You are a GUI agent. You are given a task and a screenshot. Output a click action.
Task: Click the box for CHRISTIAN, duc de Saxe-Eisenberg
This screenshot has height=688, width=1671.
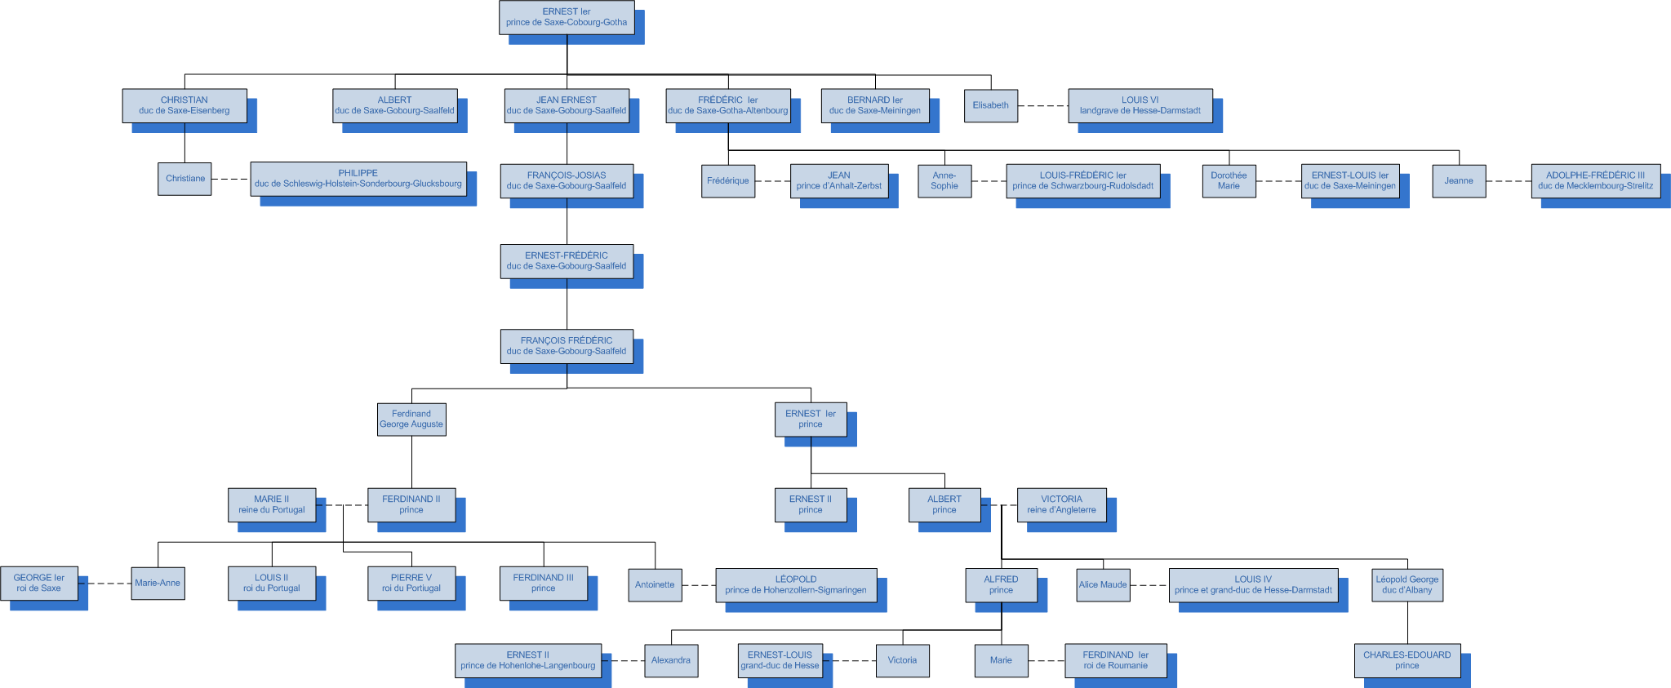(184, 105)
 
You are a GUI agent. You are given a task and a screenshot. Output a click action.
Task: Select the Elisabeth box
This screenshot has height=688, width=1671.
(990, 105)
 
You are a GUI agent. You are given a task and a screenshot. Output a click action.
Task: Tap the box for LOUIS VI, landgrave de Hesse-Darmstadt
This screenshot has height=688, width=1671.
(1140, 105)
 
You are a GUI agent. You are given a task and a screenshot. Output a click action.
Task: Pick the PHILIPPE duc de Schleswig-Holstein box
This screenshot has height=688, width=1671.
(358, 178)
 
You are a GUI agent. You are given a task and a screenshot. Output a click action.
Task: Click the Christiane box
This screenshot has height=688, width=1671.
(184, 179)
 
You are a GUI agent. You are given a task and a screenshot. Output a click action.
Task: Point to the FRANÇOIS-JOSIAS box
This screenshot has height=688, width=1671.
(567, 180)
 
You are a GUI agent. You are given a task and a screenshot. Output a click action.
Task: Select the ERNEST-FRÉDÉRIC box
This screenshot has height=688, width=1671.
(567, 260)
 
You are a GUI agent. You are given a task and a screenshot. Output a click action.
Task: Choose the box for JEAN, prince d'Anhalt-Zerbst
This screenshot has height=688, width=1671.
(839, 180)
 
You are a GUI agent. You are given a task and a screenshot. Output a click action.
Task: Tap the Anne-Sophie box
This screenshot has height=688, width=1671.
(944, 180)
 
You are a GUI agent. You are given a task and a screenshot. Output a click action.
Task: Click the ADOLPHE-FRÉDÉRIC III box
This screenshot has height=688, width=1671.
(1595, 180)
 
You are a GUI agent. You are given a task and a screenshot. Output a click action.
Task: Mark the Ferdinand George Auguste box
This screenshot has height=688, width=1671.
(411, 419)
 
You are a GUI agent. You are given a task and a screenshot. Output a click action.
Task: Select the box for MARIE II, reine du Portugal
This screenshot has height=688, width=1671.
(271, 504)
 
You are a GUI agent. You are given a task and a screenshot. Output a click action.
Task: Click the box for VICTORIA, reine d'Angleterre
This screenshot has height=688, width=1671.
(1061, 504)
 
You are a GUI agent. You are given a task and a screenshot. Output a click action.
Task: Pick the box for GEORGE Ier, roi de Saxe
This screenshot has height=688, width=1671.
(39, 583)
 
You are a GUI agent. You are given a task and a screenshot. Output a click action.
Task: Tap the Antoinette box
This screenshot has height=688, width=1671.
(655, 584)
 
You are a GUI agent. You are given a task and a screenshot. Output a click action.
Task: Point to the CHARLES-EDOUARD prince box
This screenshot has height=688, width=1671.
(1407, 660)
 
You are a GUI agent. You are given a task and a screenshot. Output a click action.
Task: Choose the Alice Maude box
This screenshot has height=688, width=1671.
(1103, 584)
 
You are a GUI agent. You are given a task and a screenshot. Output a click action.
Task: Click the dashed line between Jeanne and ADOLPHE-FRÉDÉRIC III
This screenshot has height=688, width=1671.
(1509, 181)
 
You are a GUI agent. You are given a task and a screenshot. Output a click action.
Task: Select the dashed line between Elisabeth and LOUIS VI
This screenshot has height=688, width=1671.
(1043, 106)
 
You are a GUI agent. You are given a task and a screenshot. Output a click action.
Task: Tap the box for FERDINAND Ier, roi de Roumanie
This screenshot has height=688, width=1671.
(1115, 660)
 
